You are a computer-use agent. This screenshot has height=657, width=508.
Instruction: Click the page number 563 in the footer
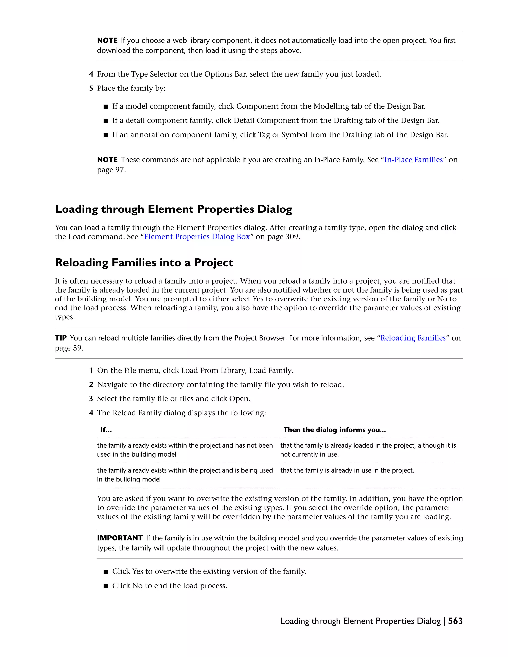pyautogui.click(x=455, y=621)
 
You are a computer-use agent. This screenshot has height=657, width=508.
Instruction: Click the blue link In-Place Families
pyautogui.click(x=413, y=160)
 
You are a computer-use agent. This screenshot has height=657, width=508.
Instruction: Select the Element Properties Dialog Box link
pyautogui.click(x=197, y=237)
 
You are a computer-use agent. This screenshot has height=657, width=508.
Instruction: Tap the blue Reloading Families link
pyautogui.click(x=413, y=338)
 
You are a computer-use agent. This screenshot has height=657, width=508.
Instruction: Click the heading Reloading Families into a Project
pyautogui.click(x=144, y=263)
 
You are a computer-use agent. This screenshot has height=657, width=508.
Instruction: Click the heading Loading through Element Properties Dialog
pyautogui.click(x=173, y=209)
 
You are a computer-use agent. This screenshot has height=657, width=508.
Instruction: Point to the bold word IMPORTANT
pyautogui.click(x=120, y=538)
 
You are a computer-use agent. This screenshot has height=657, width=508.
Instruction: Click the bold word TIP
pyautogui.click(x=61, y=338)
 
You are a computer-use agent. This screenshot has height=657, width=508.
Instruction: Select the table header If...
pyautogui.click(x=106, y=430)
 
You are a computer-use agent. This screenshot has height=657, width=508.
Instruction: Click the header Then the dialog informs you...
pyautogui.click(x=334, y=430)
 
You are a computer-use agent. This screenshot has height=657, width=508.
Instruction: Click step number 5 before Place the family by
pyautogui.click(x=91, y=89)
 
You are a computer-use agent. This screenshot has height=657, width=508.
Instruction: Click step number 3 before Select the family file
pyautogui.click(x=91, y=399)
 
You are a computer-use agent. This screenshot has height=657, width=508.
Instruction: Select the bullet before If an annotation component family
pyautogui.click(x=105, y=135)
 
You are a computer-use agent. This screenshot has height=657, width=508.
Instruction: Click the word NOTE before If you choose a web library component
pyautogui.click(x=107, y=41)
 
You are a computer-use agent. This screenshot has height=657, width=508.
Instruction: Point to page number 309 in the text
pyautogui.click(x=292, y=237)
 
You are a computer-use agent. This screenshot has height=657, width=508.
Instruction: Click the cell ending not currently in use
pyautogui.click(x=368, y=450)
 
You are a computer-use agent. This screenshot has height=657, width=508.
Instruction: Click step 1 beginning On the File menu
pyautogui.click(x=195, y=371)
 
